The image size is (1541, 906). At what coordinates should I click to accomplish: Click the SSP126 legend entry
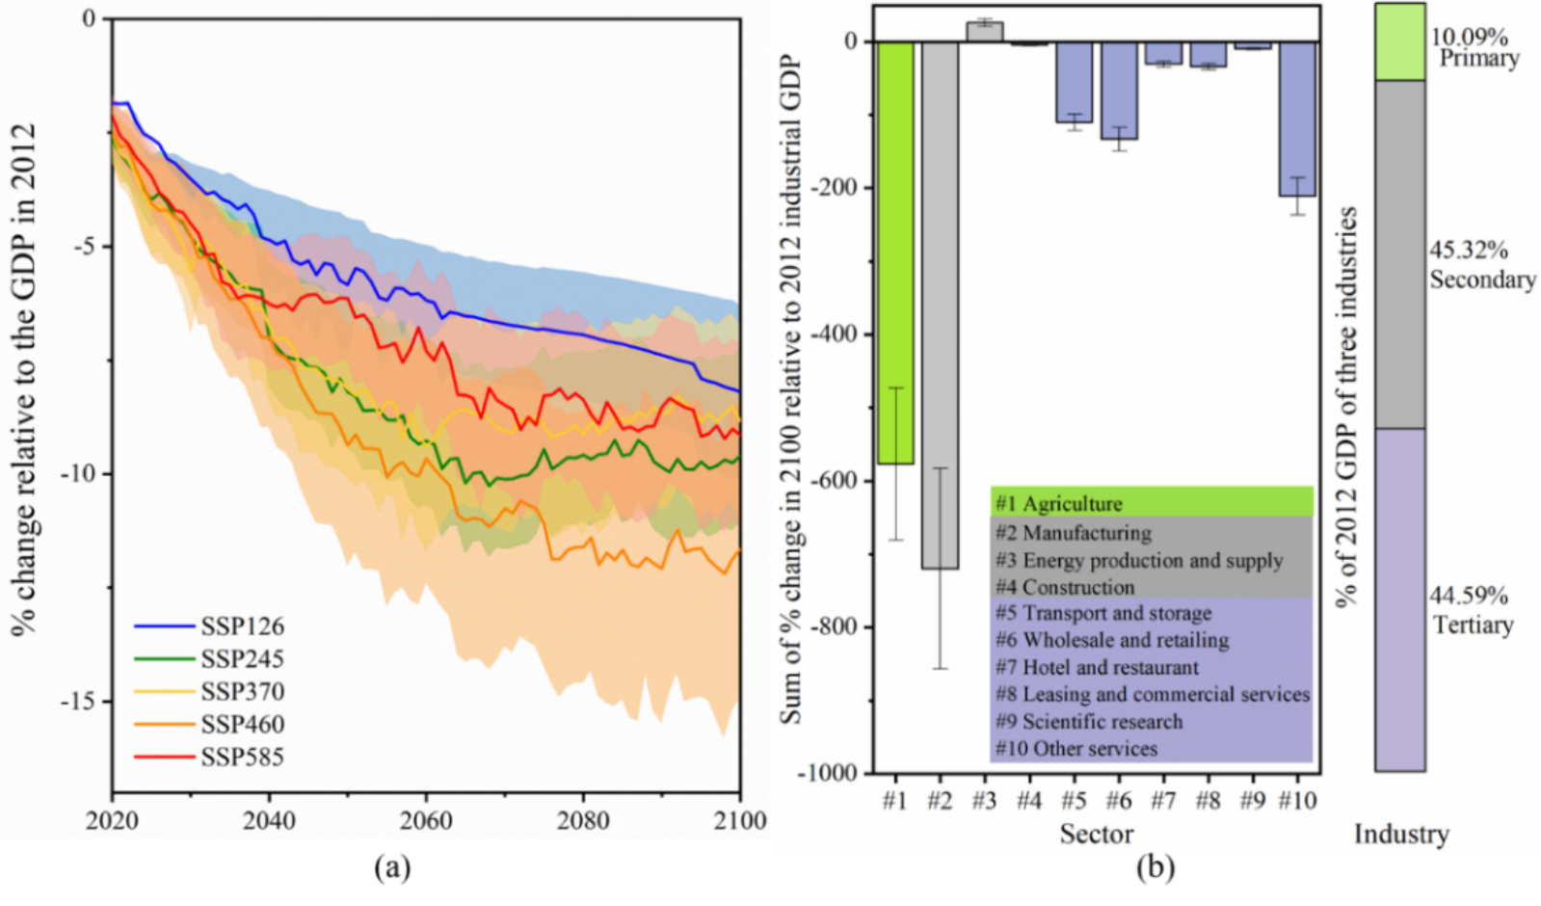tap(242, 626)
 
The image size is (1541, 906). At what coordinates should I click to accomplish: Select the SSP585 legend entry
tap(242, 758)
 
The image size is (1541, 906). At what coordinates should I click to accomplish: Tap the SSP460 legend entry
tap(242, 725)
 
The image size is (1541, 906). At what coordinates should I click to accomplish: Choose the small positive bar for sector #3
tap(984, 32)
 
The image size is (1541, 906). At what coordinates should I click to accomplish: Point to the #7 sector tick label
tap(1163, 801)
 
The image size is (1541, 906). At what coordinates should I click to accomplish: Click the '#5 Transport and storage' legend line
tap(1103, 613)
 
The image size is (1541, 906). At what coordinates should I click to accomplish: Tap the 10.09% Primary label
tap(1474, 47)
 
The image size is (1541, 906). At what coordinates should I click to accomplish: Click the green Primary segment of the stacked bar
tap(1399, 42)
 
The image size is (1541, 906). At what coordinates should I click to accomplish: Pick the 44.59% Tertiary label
tap(1471, 610)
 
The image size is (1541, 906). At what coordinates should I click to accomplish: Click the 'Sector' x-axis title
tap(1097, 835)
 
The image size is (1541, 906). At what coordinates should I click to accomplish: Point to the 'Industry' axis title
tap(1401, 835)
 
